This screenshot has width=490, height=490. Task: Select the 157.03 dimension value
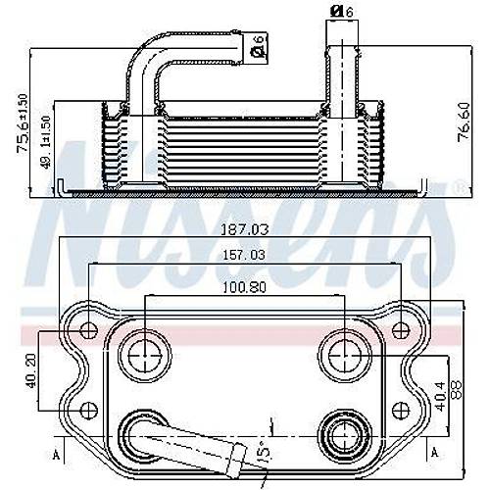click(243, 255)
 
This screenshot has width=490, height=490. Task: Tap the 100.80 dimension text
click(244, 288)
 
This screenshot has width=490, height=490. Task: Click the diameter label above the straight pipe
click(339, 12)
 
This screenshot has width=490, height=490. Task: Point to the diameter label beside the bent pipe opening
click(258, 43)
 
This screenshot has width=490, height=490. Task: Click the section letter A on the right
click(432, 454)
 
